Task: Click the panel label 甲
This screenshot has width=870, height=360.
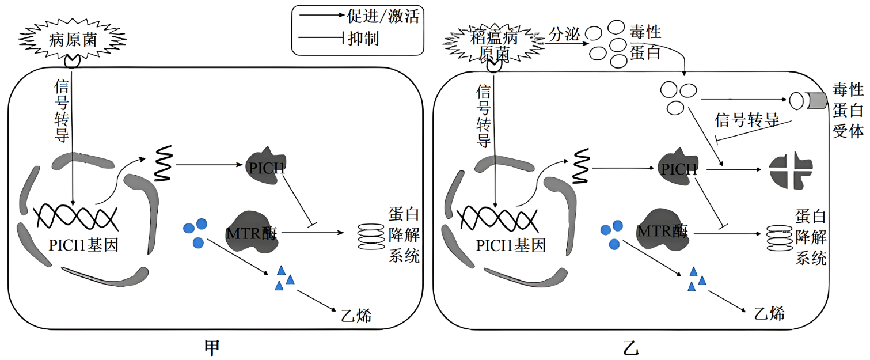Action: pyautogui.click(x=212, y=347)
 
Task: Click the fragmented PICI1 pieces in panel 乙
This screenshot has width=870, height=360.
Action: pyautogui.click(x=791, y=170)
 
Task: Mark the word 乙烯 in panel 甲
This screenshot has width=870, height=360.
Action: pyautogui.click(x=356, y=315)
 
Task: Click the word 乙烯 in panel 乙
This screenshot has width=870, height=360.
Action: pyautogui.click(x=769, y=313)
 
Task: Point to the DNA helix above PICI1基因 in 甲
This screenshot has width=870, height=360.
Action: pyautogui.click(x=76, y=218)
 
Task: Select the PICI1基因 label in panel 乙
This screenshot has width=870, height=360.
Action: pyautogui.click(x=510, y=246)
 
